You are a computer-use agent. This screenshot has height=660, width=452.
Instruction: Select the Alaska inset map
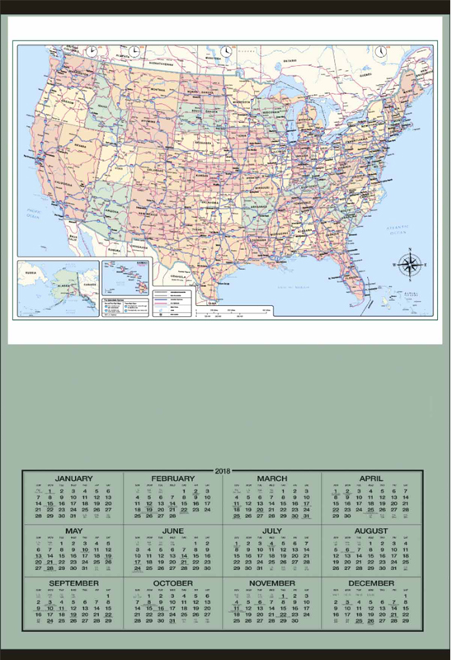click(x=59, y=286)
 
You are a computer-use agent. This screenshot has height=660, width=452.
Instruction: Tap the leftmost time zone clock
click(x=91, y=51)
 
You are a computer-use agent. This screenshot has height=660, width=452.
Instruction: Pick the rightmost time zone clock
click(x=381, y=51)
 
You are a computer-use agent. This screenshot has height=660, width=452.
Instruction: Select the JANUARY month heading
click(x=73, y=478)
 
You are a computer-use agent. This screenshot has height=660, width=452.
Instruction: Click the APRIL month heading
click(x=371, y=478)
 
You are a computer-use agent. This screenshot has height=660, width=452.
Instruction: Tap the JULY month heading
click(x=271, y=530)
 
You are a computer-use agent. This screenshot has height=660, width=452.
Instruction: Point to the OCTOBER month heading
click(x=172, y=583)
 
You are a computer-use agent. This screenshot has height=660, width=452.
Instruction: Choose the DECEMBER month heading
click(x=371, y=583)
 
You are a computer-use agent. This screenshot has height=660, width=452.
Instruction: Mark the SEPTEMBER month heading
click(x=73, y=583)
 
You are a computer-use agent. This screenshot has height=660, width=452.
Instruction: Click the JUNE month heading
click(x=172, y=530)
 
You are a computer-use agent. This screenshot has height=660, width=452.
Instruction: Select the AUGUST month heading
click(x=371, y=530)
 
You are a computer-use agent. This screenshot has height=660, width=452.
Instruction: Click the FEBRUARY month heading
click(x=172, y=478)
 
